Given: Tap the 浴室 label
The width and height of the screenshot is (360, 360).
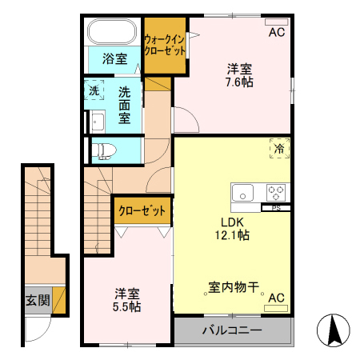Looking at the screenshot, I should point(114,58).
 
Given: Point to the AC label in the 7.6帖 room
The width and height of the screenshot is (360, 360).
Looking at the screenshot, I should point(277,33).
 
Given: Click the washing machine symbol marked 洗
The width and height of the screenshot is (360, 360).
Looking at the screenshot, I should point(94,90).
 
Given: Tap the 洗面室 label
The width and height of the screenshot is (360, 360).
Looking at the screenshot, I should point(125,104).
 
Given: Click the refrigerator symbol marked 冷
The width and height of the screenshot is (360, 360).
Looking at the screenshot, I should point(279,149).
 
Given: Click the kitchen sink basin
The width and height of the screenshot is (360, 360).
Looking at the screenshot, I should point(243,193).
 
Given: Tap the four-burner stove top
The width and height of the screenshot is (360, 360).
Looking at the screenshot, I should point(276,193).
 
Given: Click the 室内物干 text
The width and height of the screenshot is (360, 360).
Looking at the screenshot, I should point(233,286).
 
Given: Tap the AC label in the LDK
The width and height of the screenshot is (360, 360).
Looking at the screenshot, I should point(277,298).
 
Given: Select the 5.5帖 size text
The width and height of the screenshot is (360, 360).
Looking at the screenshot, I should point(126,306).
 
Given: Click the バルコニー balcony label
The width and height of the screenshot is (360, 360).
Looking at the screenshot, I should point(232,330).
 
